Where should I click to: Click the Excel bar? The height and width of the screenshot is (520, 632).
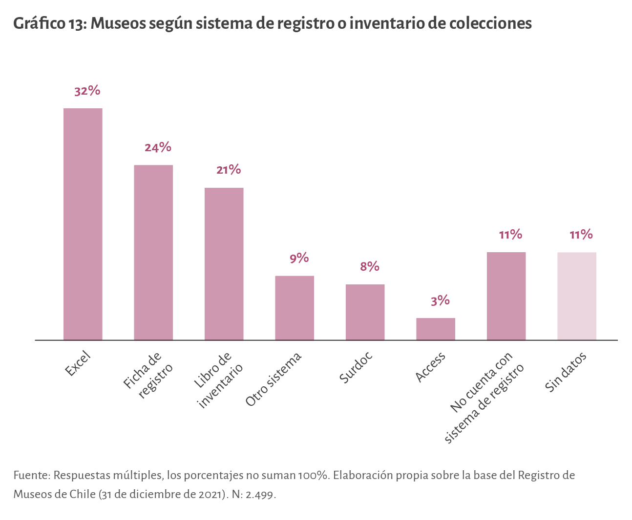83,224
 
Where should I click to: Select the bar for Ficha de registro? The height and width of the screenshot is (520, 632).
153,252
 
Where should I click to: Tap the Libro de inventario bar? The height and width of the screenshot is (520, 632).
224,264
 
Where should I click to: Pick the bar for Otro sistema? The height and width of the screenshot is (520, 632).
295,308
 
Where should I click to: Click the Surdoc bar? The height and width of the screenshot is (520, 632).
365,312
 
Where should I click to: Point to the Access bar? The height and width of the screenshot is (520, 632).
436,329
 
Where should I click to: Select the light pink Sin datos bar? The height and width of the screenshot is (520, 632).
577,296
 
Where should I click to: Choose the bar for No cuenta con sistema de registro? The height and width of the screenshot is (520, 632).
506,296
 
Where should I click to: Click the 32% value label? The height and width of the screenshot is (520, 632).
87,91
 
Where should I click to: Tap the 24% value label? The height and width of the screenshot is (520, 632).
158,147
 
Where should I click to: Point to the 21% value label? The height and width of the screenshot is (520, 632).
229,170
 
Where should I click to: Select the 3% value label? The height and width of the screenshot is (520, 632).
440,300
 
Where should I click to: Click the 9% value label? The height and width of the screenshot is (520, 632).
299,258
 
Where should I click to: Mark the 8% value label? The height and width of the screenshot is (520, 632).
370,266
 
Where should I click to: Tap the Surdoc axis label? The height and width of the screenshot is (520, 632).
356,367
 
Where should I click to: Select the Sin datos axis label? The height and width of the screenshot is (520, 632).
566,372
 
